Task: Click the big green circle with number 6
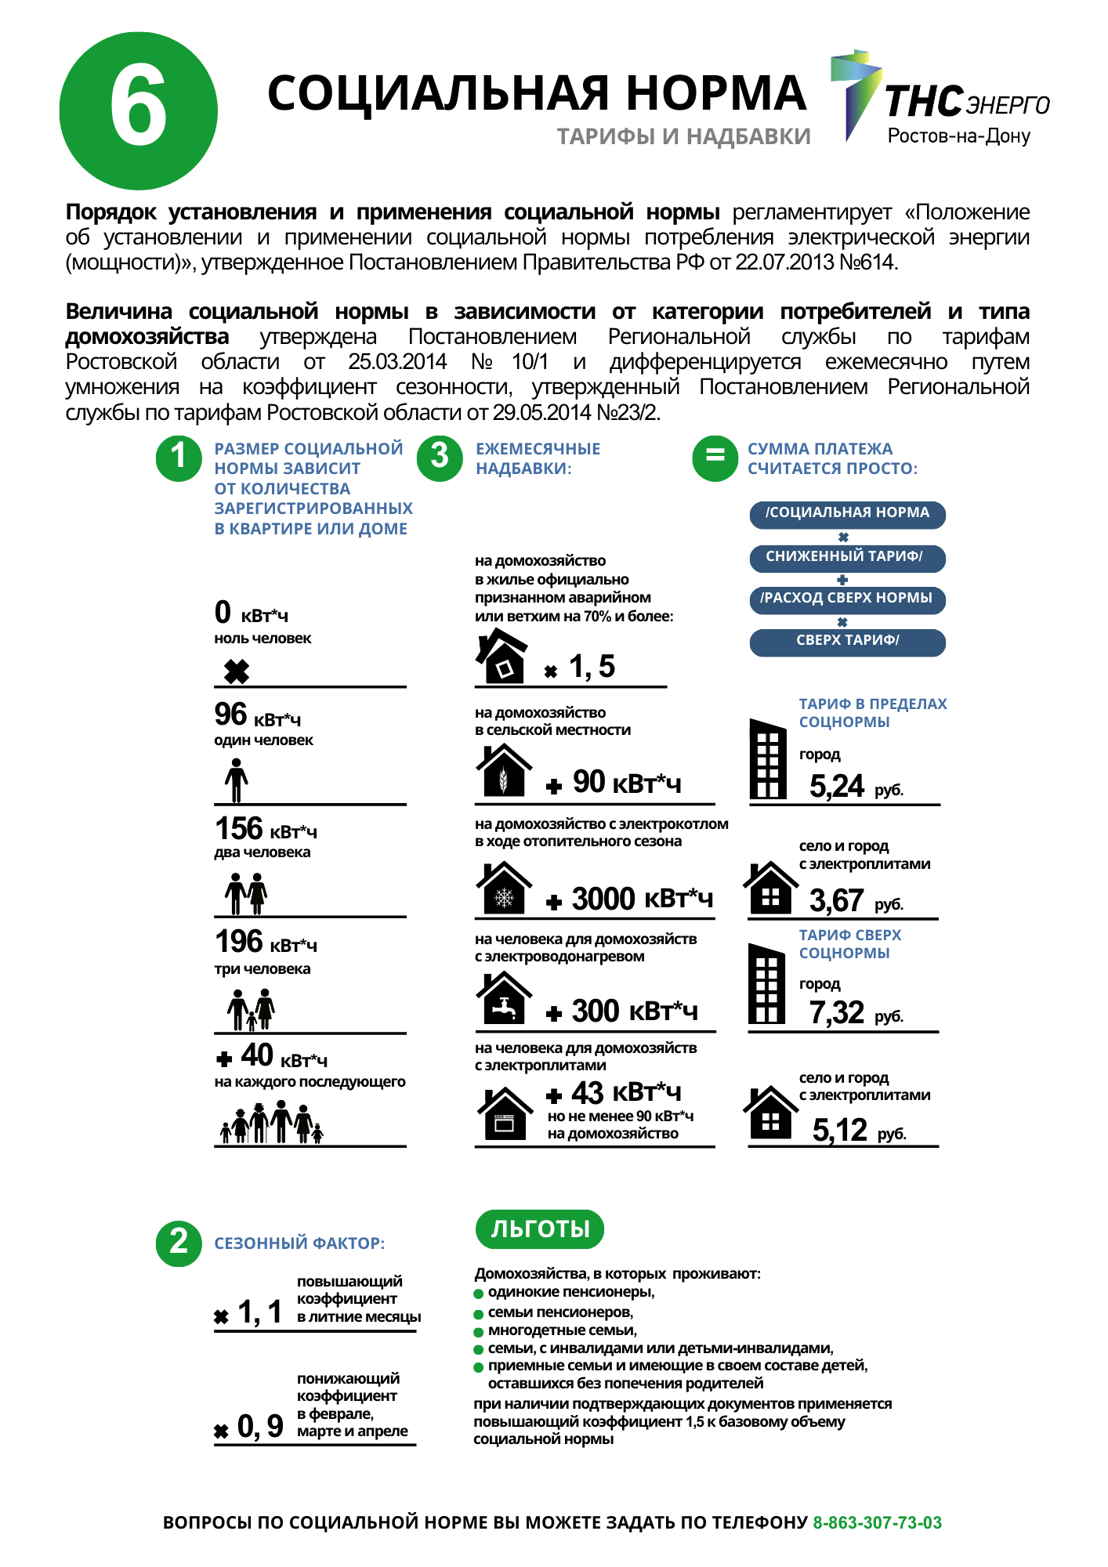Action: point(139,110)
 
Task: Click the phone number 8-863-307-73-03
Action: point(877,1522)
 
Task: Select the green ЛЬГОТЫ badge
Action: point(540,1229)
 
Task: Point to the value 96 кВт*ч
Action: point(257,715)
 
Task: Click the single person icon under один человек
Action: point(236,781)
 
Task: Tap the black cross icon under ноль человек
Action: point(236,671)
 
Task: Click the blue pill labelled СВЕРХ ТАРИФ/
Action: point(847,641)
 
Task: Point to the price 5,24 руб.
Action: point(855,786)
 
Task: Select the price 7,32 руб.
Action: point(855,1013)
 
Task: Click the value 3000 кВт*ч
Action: point(642,899)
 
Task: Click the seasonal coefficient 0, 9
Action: point(259,1426)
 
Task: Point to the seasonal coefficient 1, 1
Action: point(259,1312)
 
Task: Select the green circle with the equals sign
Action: point(715,458)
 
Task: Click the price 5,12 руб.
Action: point(858,1131)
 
